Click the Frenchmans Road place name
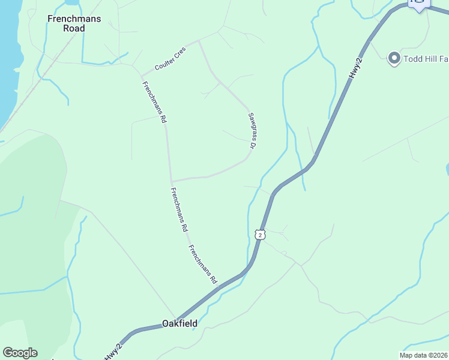pos(74,23)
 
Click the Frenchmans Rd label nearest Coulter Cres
pos(154,101)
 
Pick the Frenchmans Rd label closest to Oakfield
pos(202,265)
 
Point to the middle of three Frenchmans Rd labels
pos(179,210)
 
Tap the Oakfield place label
pos(179,323)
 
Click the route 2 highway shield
pos(259,235)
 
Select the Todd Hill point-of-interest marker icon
pos(394,58)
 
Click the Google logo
pos(20,353)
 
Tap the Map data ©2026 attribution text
pos(424,355)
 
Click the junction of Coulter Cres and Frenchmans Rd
pos(142,76)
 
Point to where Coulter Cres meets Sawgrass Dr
pos(198,41)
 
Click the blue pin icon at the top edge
pos(418,4)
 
